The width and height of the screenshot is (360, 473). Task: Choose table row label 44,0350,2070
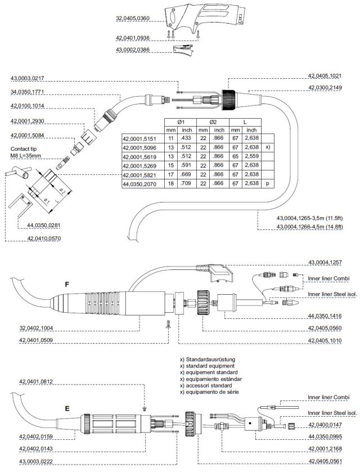click(141, 183)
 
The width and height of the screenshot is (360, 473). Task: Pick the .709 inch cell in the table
click(187, 183)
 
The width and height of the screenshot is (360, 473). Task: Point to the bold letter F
click(67, 285)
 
